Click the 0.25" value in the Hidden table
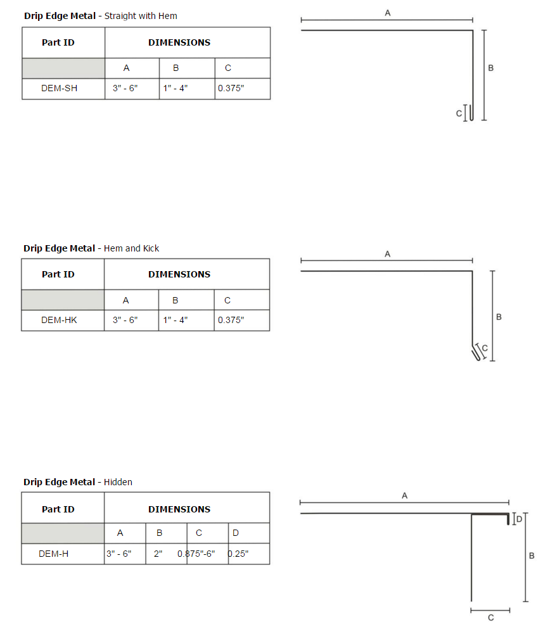click(x=238, y=554)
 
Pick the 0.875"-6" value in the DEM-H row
click(x=196, y=554)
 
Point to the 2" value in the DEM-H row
click(x=158, y=554)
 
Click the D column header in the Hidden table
click(x=236, y=533)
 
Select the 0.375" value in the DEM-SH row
click(x=231, y=88)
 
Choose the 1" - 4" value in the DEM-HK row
click(x=175, y=320)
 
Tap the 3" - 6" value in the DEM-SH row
click(x=125, y=88)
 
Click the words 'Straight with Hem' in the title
click(x=141, y=16)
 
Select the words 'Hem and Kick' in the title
click(x=131, y=248)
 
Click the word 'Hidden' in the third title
click(x=118, y=482)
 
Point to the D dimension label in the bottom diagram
click(x=519, y=519)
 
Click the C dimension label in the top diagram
click(x=459, y=113)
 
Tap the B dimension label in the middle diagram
click(x=499, y=317)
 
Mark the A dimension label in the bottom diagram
click(x=404, y=496)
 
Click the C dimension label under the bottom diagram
click(x=491, y=618)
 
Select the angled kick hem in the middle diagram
click(x=476, y=353)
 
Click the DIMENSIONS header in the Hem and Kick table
click(x=179, y=274)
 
